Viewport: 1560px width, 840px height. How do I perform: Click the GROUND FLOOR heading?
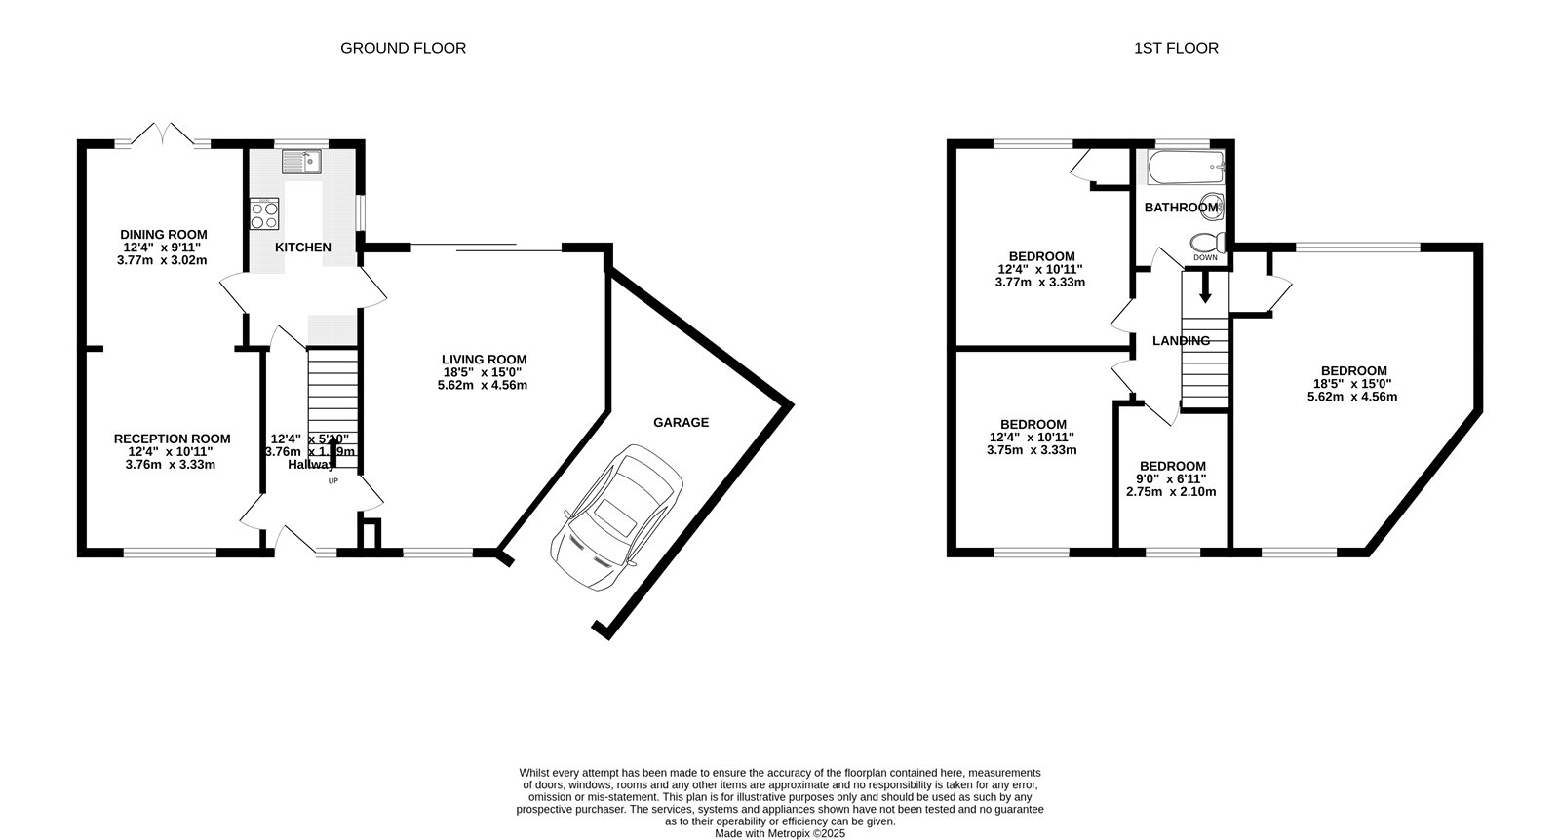[x=403, y=48]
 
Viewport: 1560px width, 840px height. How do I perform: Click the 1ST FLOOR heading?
[x=1176, y=48]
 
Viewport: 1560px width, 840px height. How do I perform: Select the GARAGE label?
[x=681, y=422]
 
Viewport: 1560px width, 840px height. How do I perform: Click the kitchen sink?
[x=303, y=161]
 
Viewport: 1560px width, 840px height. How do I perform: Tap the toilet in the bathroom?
[x=1205, y=243]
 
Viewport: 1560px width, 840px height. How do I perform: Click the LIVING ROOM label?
[x=484, y=360]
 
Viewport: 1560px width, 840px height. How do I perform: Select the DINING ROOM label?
[x=164, y=234]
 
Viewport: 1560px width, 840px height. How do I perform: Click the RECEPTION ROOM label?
[x=172, y=439]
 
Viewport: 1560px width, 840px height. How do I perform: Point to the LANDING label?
[x=1181, y=341]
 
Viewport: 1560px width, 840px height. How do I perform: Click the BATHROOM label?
[x=1181, y=208]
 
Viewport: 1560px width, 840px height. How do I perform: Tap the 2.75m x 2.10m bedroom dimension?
[x=1171, y=492]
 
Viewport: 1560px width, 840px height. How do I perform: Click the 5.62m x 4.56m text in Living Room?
[x=483, y=385]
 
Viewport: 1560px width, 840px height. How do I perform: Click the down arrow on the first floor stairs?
[x=1205, y=287]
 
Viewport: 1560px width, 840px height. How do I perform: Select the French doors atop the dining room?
[x=164, y=134]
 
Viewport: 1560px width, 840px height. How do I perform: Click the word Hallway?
[x=311, y=465]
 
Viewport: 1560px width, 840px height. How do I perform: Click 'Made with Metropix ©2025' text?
[x=780, y=833]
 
